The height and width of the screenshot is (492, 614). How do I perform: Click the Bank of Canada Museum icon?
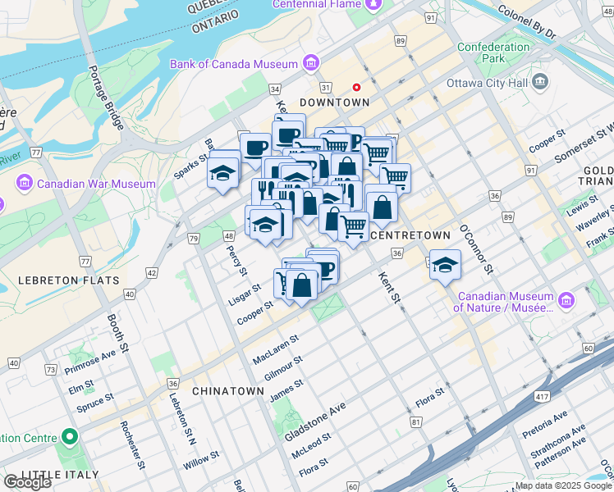(x=310, y=63)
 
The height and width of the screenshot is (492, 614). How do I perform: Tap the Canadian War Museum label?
(x=97, y=184)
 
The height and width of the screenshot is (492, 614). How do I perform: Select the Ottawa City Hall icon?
(x=540, y=81)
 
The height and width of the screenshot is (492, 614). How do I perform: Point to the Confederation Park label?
(x=493, y=53)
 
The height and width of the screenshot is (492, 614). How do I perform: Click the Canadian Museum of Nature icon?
(x=566, y=301)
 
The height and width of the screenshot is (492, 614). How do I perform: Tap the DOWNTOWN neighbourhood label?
(x=334, y=102)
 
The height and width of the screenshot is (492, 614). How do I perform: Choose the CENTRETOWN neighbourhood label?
(x=410, y=235)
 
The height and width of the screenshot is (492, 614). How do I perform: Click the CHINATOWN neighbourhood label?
(x=228, y=391)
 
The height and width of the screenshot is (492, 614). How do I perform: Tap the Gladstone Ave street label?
(x=315, y=421)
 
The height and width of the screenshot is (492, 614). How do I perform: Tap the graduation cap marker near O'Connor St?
(x=445, y=265)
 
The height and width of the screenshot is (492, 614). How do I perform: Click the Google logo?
(x=27, y=482)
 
